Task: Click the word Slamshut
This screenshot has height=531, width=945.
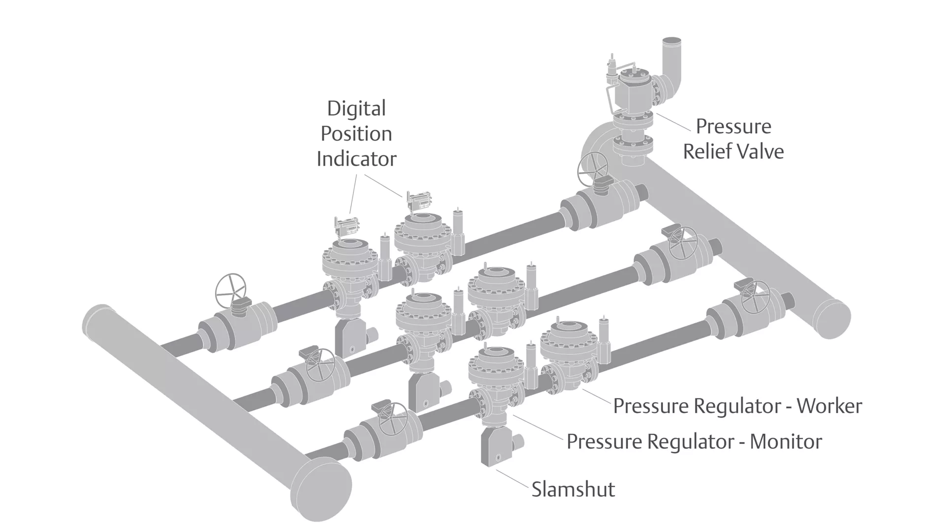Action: pos(573,490)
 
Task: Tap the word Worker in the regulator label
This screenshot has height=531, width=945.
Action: pos(829,406)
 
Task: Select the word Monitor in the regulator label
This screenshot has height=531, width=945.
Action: pos(786,442)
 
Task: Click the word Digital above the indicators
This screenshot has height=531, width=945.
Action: pos(356,109)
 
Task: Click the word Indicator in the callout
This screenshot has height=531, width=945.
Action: pos(356,159)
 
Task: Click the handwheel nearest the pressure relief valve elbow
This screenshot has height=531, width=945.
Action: pos(593,168)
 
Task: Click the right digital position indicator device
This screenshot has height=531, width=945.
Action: pos(418,201)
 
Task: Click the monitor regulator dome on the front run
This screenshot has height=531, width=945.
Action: pos(496,366)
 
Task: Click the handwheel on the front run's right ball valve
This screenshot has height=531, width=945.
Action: pos(756,296)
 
